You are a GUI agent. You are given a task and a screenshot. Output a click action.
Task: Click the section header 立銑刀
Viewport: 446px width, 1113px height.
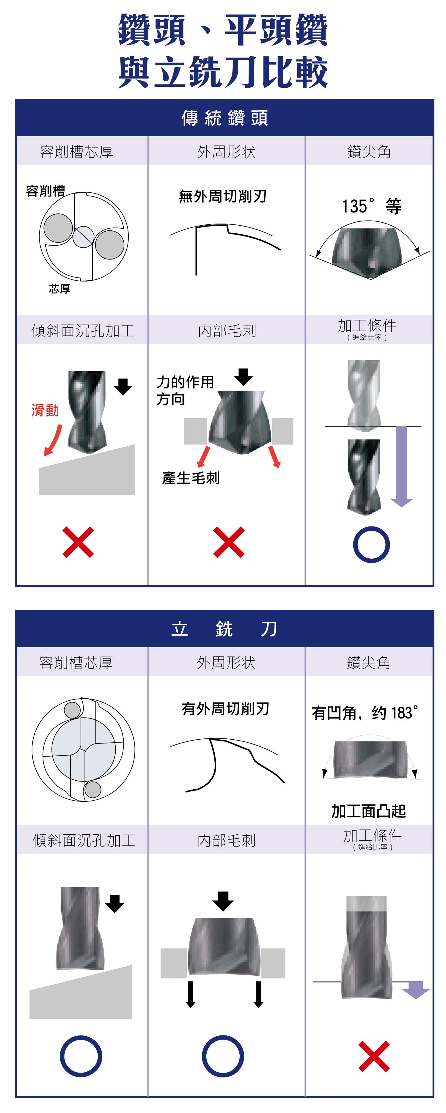click(224, 629)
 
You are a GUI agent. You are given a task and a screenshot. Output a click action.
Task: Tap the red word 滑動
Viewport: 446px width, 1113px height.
click(45, 410)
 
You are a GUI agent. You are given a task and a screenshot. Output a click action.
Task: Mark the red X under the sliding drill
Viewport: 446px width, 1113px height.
click(78, 542)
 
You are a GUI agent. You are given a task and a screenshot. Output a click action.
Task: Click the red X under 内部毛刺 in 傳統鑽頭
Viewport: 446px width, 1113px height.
click(229, 542)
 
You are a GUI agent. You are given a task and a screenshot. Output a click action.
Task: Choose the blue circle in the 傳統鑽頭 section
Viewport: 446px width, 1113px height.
click(371, 544)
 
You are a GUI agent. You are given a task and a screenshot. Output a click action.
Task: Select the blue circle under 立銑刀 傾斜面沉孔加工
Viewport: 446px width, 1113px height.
click(81, 1056)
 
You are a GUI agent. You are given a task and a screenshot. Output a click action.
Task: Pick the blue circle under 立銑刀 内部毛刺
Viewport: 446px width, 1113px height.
click(223, 1056)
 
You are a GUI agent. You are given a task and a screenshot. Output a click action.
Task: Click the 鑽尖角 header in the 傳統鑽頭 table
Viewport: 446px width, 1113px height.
click(369, 152)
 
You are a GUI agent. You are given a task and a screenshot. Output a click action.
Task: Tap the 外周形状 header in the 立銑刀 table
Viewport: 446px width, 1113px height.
click(226, 662)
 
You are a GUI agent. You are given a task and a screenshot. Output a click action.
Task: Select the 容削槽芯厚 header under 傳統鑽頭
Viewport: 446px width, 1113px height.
click(76, 152)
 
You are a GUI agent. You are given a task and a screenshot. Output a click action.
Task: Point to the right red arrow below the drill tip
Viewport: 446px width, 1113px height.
click(274, 457)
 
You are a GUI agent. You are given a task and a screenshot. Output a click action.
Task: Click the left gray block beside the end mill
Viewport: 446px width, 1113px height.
click(174, 963)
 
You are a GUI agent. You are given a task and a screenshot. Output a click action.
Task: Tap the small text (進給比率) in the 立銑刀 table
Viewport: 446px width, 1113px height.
click(373, 847)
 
